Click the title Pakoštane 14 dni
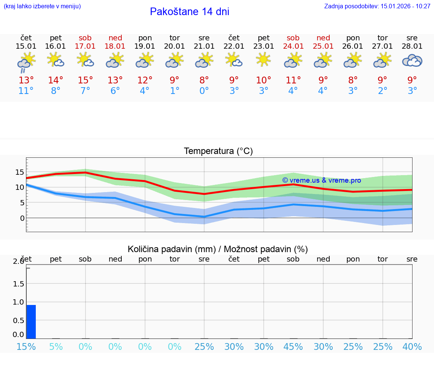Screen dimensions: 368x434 pyautogui.click(x=189, y=12)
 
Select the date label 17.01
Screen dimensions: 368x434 pyautogui.click(x=86, y=46)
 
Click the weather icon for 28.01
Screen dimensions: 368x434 pyautogui.click(x=412, y=61)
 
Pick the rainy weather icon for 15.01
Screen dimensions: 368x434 pyautogui.click(x=26, y=62)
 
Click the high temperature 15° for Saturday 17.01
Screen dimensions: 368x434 pyautogui.click(x=86, y=80)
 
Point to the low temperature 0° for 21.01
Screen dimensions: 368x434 pyautogui.click(x=204, y=91)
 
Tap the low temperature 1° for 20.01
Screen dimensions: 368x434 pyautogui.click(x=174, y=91)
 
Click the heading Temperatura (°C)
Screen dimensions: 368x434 pyautogui.click(x=218, y=151)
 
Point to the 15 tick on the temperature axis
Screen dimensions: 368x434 pyautogui.click(x=20, y=172)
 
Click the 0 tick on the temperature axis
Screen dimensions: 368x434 pyautogui.click(x=22, y=218)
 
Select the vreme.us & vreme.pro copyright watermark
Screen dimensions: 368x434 pyautogui.click(x=321, y=180)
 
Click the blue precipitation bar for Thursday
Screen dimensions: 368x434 pyautogui.click(x=31, y=322)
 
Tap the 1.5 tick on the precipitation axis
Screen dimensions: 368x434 pyautogui.click(x=19, y=284)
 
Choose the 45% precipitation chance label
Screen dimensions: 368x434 pyautogui.click(x=293, y=346)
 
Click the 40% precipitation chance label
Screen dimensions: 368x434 pyautogui.click(x=412, y=346)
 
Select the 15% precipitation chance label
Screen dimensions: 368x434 pyautogui.click(x=26, y=346)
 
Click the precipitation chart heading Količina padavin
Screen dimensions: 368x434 pyautogui.click(x=218, y=249)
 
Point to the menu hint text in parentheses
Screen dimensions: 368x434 pyautogui.click(x=42, y=6)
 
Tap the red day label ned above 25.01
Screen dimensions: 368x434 pyautogui.click(x=323, y=38)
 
